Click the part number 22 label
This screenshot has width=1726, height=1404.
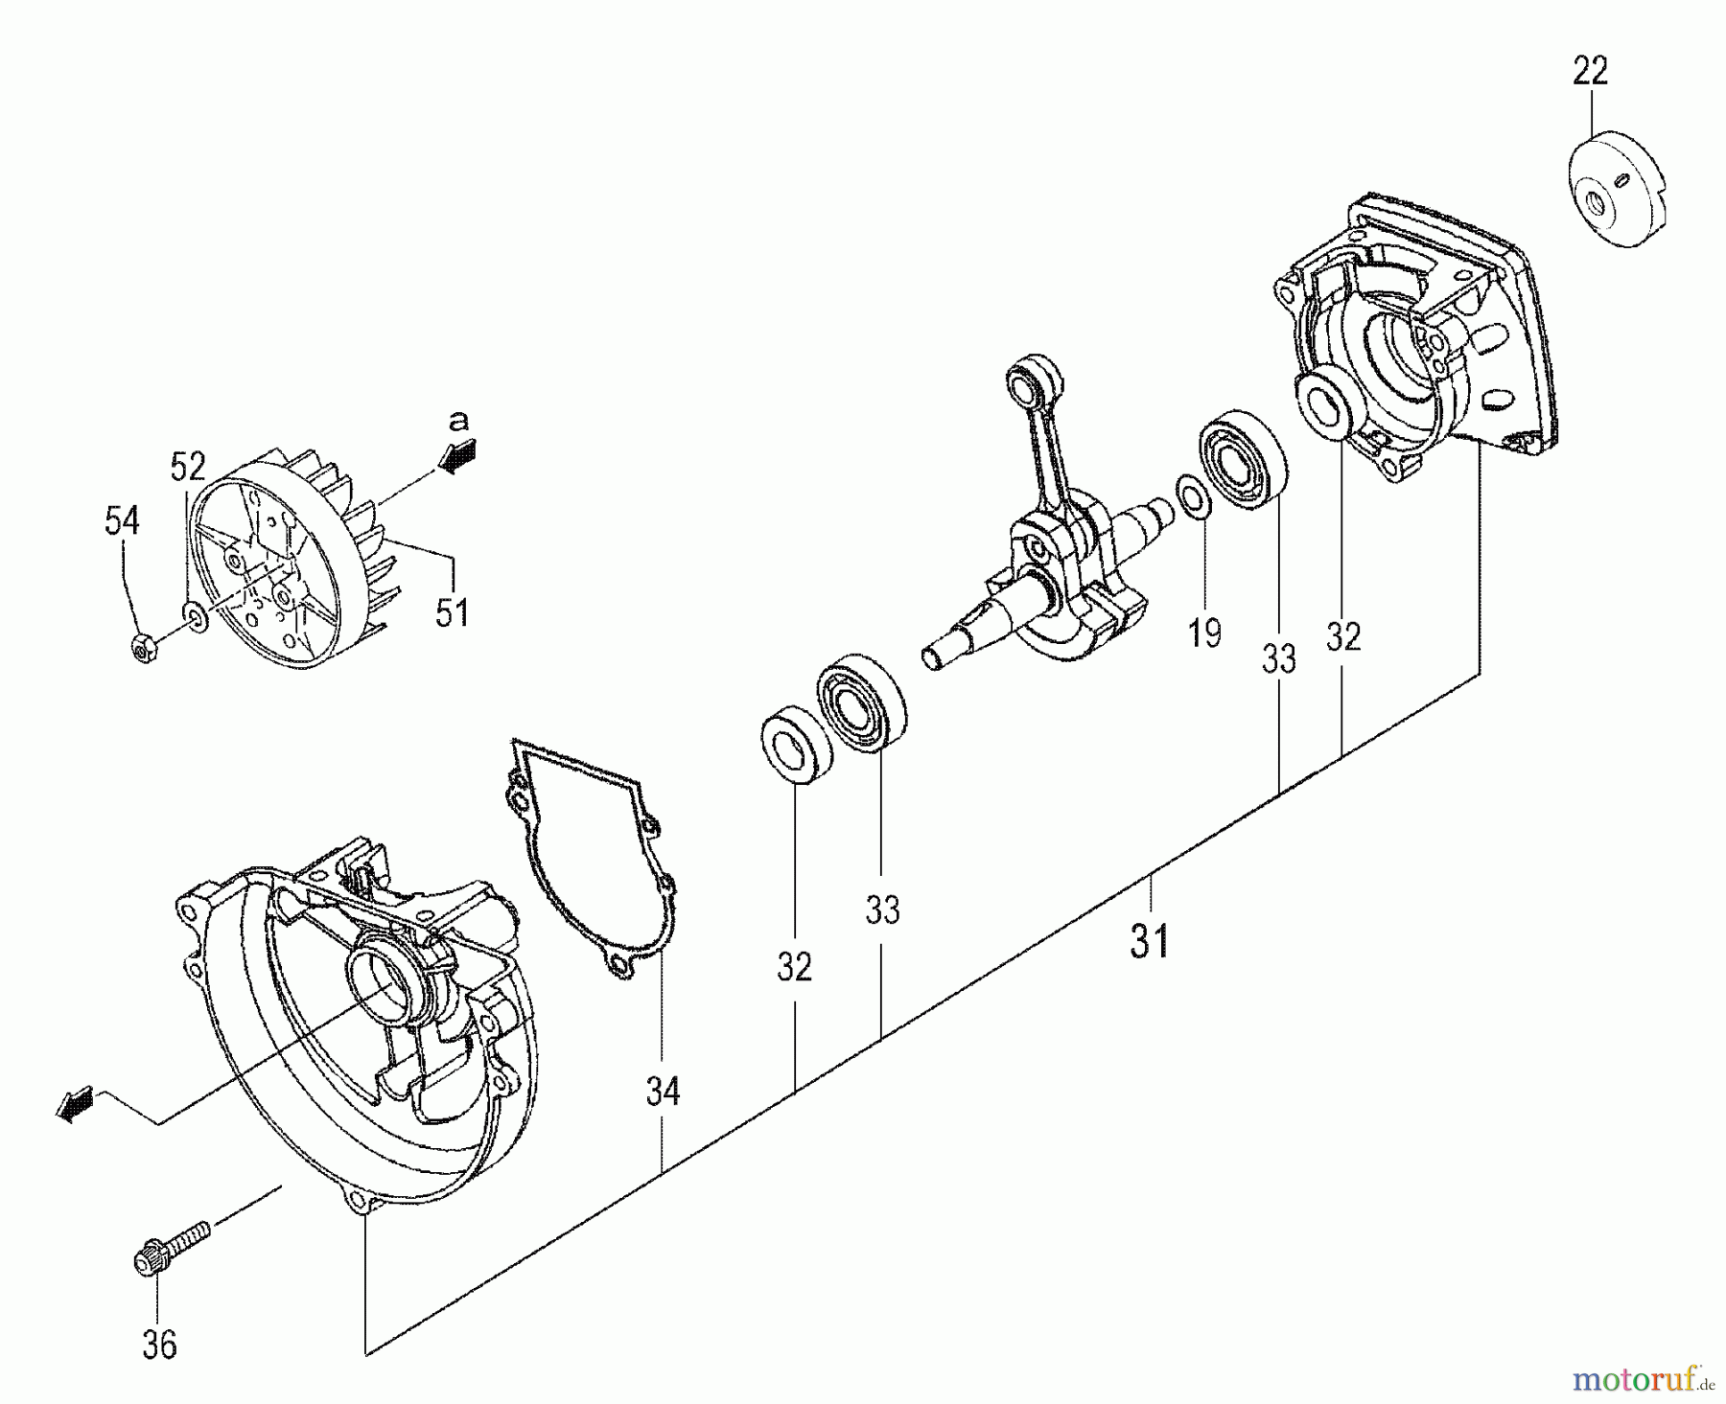pyautogui.click(x=1590, y=71)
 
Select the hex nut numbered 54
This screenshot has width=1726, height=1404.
pyautogui.click(x=144, y=651)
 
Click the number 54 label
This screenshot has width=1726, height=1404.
pyautogui.click(x=122, y=521)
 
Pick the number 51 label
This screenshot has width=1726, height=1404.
pyautogui.click(x=452, y=611)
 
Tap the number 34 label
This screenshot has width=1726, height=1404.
pyautogui.click(x=663, y=1091)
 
